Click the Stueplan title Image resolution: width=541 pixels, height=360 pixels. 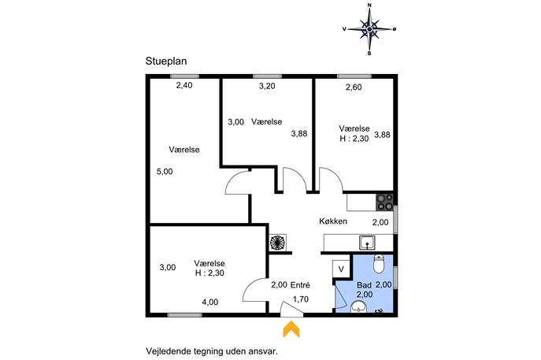coord(166,61)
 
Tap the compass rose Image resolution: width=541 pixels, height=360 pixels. coord(369,29)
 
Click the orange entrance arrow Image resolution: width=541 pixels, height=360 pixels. coord(291,329)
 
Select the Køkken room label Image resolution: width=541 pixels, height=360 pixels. coord(333,221)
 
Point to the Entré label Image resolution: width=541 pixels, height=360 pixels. coord(300,285)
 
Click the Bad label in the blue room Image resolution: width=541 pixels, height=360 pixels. coord(364,285)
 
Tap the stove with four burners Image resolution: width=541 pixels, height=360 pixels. coord(384,202)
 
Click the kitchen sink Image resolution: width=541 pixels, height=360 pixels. coord(368,243)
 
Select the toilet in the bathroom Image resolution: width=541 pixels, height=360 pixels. coord(379,264)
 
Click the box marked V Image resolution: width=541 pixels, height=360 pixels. coord(341,269)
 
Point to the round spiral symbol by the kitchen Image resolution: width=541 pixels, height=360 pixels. coord(278,243)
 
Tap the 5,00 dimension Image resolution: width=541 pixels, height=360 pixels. coord(165,172)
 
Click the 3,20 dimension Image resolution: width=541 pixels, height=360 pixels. coord(267,86)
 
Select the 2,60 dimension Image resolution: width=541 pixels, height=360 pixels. coord(354,87)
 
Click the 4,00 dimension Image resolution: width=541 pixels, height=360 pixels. coord(210,302)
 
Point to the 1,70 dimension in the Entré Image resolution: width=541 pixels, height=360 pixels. coord(301,299)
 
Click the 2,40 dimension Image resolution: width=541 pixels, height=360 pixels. coord(184,85)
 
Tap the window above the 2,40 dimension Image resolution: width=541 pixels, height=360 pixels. coord(184,76)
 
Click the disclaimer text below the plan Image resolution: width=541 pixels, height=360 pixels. coord(212,351)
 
